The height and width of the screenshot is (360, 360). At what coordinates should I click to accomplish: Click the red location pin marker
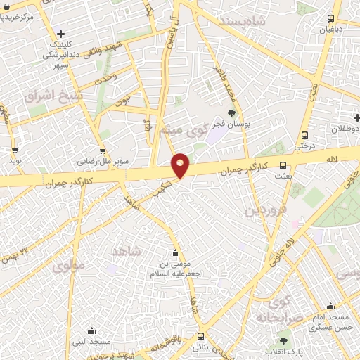click(181, 165)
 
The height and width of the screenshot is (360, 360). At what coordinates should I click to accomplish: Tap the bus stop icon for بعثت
click(283, 166)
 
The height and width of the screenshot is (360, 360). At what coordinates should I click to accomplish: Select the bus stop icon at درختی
click(304, 135)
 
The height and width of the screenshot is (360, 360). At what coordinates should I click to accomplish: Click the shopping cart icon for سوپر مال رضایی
click(103, 150)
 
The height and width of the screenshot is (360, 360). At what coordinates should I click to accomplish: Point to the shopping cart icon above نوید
click(15, 150)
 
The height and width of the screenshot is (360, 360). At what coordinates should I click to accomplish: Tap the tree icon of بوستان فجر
click(231, 112)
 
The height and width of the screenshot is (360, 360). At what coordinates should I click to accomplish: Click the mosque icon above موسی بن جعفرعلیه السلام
click(175, 253)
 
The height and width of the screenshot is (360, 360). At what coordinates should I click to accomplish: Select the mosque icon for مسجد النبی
click(91, 331)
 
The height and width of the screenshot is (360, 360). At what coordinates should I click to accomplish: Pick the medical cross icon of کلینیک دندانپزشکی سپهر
click(61, 33)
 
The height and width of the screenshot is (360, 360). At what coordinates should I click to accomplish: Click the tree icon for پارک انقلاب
click(284, 340)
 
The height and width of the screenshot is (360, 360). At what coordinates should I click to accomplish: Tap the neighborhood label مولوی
click(68, 266)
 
